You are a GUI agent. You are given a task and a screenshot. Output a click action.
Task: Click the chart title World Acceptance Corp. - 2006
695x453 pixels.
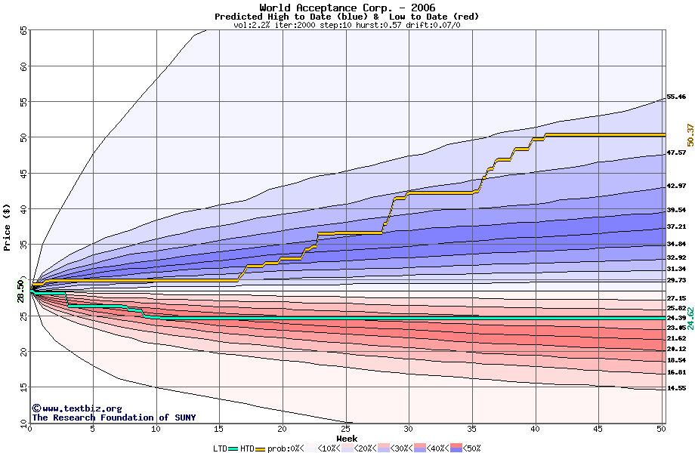click(347, 7)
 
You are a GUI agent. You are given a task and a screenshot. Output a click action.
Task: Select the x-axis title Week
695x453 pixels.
click(347, 439)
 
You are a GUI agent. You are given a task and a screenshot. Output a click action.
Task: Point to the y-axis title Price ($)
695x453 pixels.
click(8, 226)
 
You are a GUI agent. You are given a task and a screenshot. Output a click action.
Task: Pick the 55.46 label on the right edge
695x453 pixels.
click(675, 97)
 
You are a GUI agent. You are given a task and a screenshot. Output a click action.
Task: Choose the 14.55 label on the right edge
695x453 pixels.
click(675, 388)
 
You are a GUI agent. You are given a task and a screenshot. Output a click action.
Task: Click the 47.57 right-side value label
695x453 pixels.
click(675, 153)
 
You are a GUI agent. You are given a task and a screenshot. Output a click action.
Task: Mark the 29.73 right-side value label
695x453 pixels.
click(675, 279)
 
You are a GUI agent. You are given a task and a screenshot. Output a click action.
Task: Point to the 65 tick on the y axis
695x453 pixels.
click(23, 31)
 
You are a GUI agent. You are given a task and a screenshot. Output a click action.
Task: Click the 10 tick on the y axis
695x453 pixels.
click(23, 423)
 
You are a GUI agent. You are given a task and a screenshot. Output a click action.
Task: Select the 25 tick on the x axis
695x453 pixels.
click(345, 430)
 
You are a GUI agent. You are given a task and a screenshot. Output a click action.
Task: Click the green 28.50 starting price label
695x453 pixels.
click(20, 291)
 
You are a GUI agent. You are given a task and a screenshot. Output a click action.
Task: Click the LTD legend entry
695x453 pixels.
click(220, 448)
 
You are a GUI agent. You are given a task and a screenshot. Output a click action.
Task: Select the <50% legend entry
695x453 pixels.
click(471, 448)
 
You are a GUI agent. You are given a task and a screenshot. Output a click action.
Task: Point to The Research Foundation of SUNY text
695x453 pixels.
click(113, 418)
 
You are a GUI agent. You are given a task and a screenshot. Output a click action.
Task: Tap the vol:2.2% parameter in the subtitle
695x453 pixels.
click(252, 25)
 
